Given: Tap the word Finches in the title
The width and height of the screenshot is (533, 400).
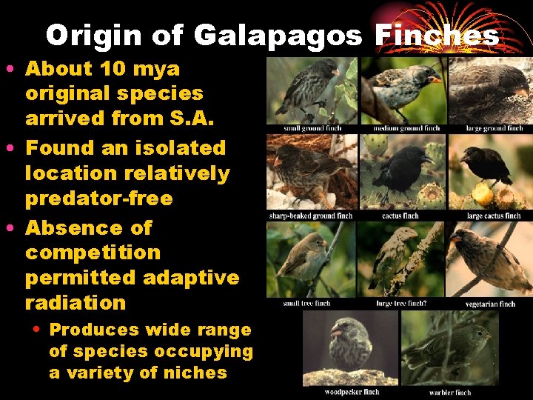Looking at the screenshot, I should tap(437, 35).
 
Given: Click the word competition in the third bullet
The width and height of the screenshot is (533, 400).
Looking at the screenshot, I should tap(93, 253).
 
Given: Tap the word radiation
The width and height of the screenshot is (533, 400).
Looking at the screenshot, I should tap(76, 303).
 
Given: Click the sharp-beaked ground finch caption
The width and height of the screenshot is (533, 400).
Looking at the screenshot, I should tap(311, 216).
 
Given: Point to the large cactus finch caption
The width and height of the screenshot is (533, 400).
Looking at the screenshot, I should tap(494, 216).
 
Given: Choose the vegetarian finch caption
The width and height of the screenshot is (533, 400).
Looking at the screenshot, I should tap(490, 304).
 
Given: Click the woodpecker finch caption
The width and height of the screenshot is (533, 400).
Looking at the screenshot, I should tap(352, 392).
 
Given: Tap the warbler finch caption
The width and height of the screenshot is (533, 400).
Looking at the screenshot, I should tap(450, 392).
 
